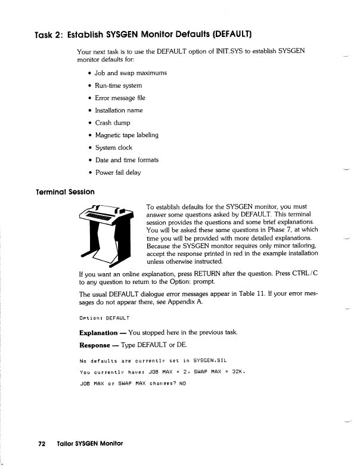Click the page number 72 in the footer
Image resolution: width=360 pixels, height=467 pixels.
(42, 444)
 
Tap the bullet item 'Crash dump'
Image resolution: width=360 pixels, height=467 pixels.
(113, 123)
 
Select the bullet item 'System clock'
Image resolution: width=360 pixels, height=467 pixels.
(114, 147)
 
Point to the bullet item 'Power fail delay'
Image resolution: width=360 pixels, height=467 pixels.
(118, 172)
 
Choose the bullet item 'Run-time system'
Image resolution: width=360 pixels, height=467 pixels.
(118, 85)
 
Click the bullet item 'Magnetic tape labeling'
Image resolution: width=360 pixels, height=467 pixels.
(126, 135)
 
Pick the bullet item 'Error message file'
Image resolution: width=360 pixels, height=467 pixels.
(120, 98)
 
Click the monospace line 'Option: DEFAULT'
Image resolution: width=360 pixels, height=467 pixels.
(104, 317)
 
